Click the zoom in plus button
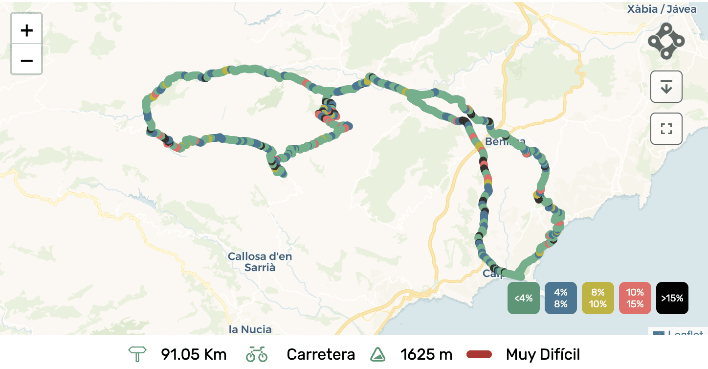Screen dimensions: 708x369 pyautogui.click(x=26, y=30)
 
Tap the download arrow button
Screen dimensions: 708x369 pyautogui.click(x=666, y=87)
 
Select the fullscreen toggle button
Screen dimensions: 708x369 pyautogui.click(x=666, y=129)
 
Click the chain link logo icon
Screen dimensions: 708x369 pyautogui.click(x=666, y=41)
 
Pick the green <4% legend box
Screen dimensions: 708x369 pyautogui.click(x=523, y=298)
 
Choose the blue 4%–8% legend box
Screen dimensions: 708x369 pyautogui.click(x=560, y=298)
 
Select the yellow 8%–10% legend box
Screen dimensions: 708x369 pyautogui.click(x=597, y=298)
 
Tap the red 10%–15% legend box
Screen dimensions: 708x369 pyautogui.click(x=635, y=298)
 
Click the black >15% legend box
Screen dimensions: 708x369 pyautogui.click(x=672, y=298)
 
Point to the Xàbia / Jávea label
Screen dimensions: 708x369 pyautogui.click(x=662, y=9)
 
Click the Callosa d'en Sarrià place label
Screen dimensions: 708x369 pyautogui.click(x=260, y=262)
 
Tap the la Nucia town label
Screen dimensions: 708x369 pyautogui.click(x=250, y=329)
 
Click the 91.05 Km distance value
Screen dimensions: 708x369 pyautogui.click(x=194, y=354)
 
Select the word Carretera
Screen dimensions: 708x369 pyautogui.click(x=321, y=354)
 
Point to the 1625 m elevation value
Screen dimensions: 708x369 pyautogui.click(x=426, y=354)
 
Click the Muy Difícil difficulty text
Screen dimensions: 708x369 pyautogui.click(x=543, y=354)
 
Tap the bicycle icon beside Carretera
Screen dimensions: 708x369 pyautogui.click(x=257, y=354)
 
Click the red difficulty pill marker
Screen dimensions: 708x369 pyautogui.click(x=479, y=354)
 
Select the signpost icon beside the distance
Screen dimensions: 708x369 pyautogui.click(x=137, y=354)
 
